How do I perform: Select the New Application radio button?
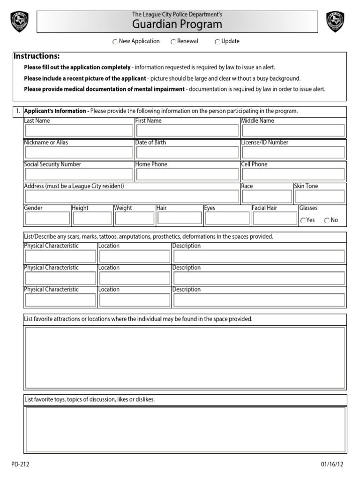tap(115, 42)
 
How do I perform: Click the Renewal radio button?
tap(173, 42)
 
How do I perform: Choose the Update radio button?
tap(217, 42)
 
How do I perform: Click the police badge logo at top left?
tap(19, 22)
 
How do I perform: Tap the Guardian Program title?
tap(177, 25)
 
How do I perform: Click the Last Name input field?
tap(79, 130)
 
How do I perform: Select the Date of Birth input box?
tap(187, 152)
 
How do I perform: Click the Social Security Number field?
tap(79, 174)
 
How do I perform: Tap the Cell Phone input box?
tap(293, 174)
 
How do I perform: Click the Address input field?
tap(132, 196)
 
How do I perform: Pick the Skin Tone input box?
tap(320, 196)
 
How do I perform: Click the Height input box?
tap(92, 218)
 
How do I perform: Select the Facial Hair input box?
tap(274, 218)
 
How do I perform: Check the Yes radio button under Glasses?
tap(303, 220)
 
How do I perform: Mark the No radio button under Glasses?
tap(327, 220)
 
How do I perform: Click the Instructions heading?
tap(37, 56)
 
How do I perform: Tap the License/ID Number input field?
tap(293, 152)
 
